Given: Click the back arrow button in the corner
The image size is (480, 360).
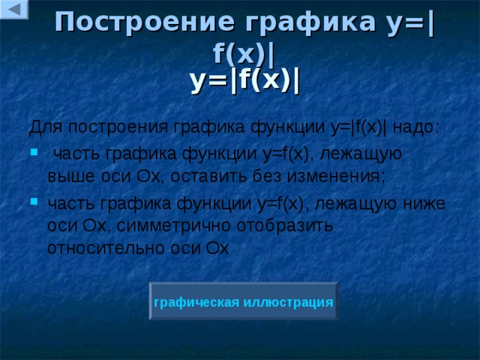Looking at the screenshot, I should [x=14, y=10].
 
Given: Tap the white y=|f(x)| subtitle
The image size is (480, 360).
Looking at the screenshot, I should [x=245, y=79].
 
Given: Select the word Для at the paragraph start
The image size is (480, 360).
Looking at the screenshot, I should [x=42, y=127].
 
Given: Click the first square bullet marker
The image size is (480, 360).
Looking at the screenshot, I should [x=33, y=154].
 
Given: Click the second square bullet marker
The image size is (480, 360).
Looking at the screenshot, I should [x=33, y=203].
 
